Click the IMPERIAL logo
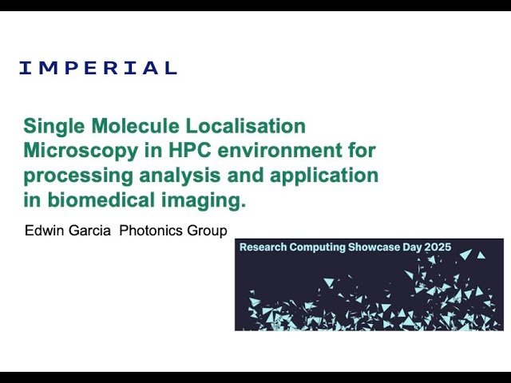97,68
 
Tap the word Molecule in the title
133,126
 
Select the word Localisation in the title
244,126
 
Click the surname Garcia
96,231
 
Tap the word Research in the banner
264,247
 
